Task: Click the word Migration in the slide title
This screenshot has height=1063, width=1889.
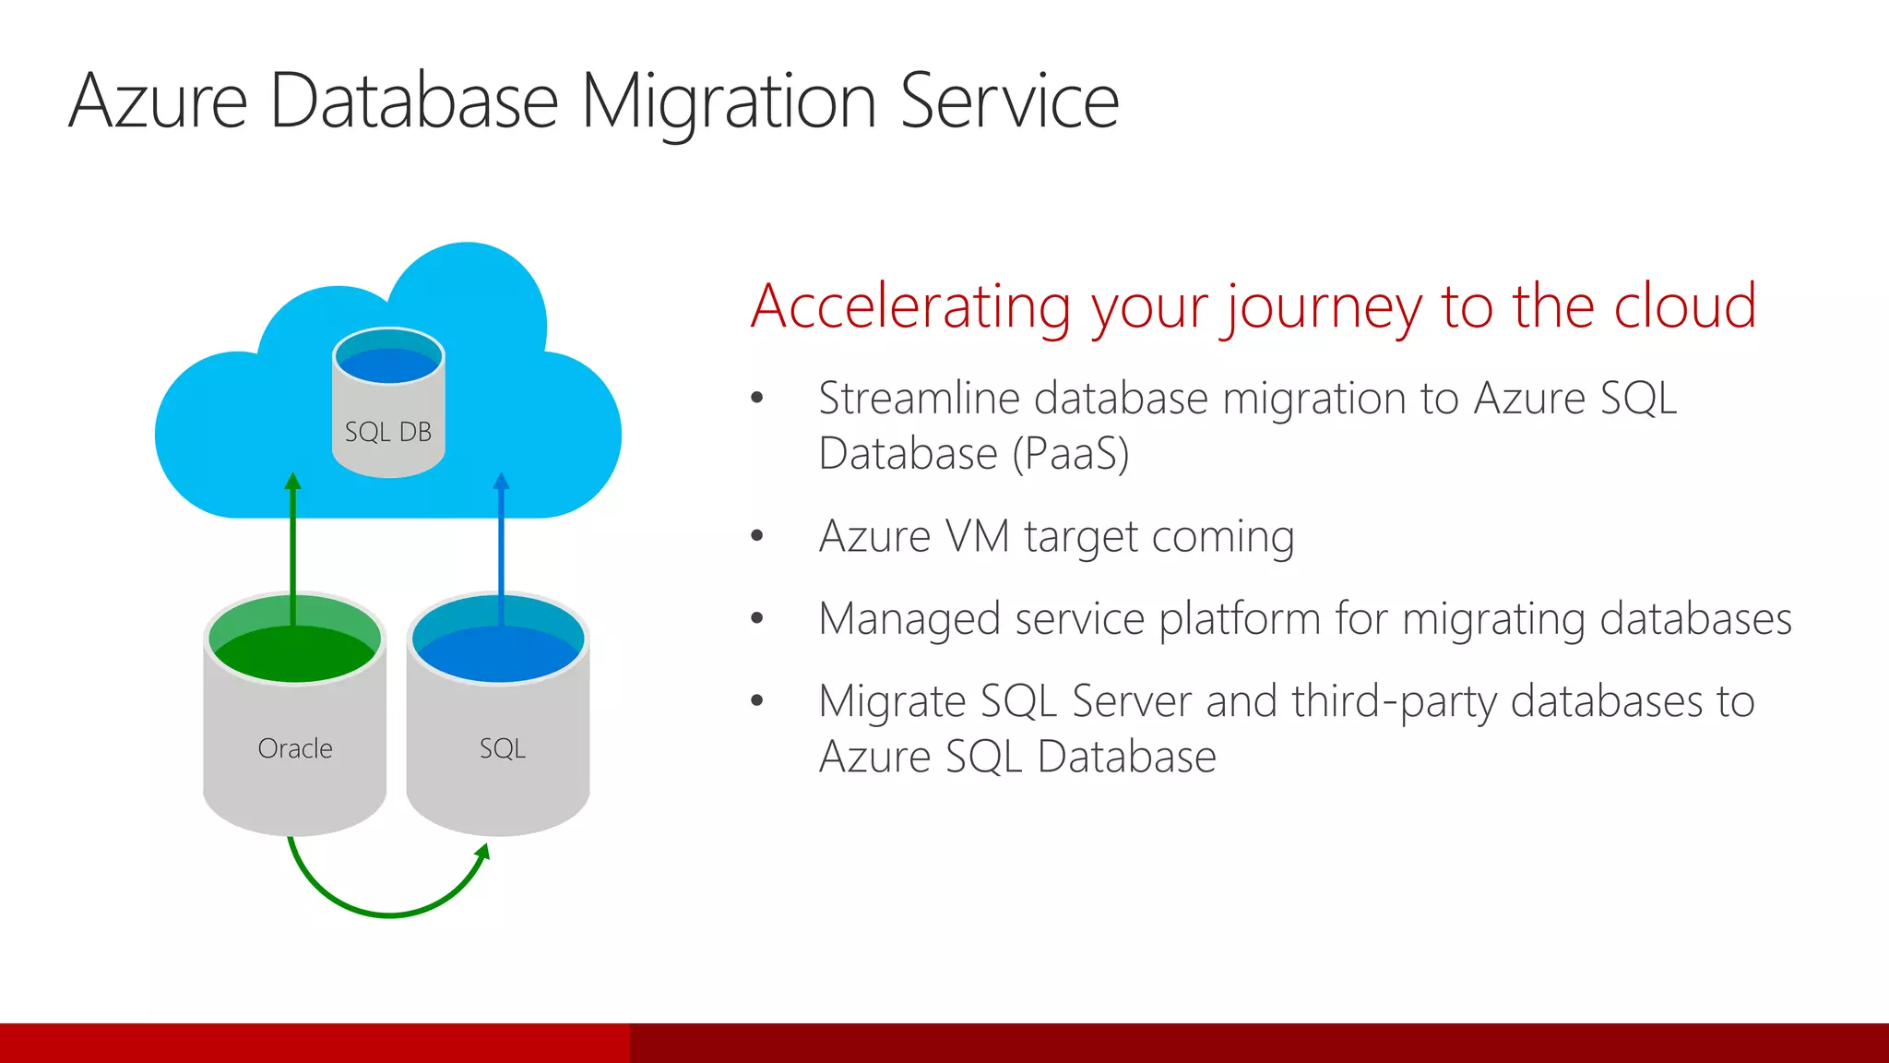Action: [728, 102]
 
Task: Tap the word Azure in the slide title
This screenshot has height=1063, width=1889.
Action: [159, 102]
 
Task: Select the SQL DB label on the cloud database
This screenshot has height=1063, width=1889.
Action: [388, 432]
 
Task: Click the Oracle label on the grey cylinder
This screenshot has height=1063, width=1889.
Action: [295, 748]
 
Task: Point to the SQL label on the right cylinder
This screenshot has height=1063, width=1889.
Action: [502, 748]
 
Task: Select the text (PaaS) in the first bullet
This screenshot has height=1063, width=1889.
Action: [1070, 454]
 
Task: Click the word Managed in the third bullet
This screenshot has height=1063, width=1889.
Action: [909, 619]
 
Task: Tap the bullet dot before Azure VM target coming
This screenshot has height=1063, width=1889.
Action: [757, 536]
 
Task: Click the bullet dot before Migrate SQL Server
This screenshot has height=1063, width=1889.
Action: [757, 701]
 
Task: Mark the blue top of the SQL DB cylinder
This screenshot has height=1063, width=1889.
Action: [388, 363]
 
